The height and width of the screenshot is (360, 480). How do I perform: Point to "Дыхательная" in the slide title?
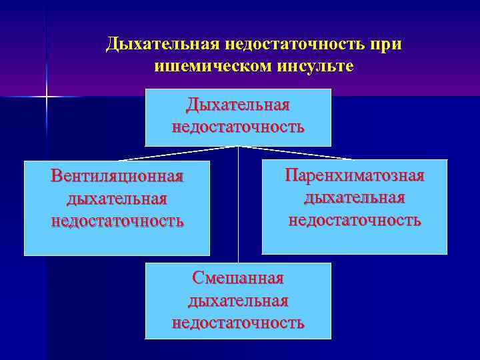(x=159, y=45)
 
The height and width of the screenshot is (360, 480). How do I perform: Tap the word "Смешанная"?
(x=238, y=278)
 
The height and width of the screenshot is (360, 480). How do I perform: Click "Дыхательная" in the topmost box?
(x=238, y=105)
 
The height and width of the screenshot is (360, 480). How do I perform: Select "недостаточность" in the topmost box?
(x=238, y=127)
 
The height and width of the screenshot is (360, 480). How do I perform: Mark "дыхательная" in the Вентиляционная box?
(x=117, y=199)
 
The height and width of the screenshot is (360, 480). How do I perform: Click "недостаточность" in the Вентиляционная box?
(x=117, y=221)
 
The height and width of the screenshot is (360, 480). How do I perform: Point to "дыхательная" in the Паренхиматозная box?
(x=354, y=198)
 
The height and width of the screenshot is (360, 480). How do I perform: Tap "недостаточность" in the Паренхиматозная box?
(x=354, y=220)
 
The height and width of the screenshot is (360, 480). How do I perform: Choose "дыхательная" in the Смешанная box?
(x=238, y=301)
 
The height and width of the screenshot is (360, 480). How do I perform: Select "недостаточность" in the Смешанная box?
(x=238, y=323)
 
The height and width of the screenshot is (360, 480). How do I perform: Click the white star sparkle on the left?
(x=47, y=97)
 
